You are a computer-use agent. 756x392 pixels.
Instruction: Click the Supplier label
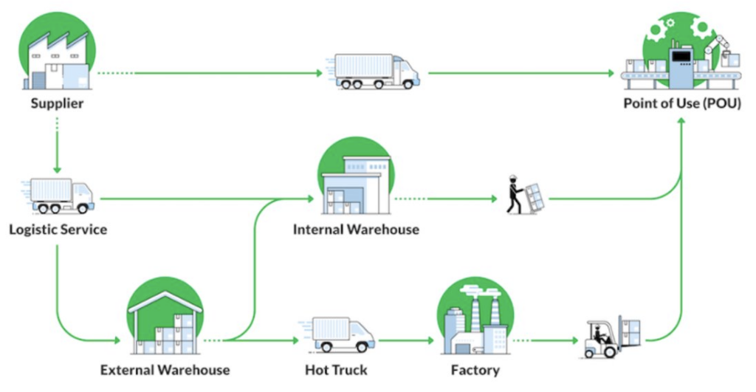(x=57, y=103)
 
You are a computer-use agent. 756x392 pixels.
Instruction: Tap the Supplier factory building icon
(x=58, y=55)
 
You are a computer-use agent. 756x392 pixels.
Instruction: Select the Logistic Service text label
(x=58, y=230)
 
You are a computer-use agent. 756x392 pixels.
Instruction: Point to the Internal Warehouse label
(x=356, y=230)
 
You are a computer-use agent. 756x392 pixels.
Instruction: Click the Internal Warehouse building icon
(x=356, y=181)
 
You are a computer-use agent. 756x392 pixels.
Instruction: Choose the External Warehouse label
(x=165, y=369)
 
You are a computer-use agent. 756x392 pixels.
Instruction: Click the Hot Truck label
(x=336, y=369)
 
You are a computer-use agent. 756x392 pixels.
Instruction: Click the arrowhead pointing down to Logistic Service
(x=57, y=169)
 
